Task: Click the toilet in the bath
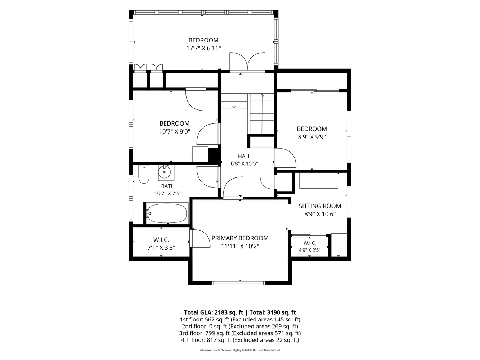coord(144,174)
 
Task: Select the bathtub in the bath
coord(167,213)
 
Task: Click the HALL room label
coord(244,156)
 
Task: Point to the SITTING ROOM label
coord(320,206)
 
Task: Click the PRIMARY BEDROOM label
coord(240,238)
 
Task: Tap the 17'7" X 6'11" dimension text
coord(203,48)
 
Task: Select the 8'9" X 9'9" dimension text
coord(312,137)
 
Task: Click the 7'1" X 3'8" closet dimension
coord(161,248)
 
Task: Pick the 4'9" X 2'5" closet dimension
coord(310,250)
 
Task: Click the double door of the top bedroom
coord(247,62)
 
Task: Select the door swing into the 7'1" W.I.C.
coord(200,238)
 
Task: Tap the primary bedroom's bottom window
coord(239,283)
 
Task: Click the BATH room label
coord(168,186)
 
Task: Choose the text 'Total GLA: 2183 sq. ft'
coord(214,312)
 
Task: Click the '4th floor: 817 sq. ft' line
coord(206,340)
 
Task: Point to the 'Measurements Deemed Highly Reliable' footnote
coord(226,350)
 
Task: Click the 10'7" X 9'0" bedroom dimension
coord(175,132)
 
